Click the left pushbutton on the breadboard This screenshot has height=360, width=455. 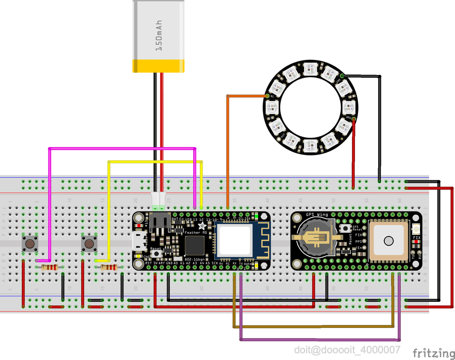coord(30,243)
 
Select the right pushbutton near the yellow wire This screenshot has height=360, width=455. coord(89,243)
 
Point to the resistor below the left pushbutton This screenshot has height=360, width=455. coord(50,267)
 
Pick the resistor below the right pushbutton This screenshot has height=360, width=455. coord(109,267)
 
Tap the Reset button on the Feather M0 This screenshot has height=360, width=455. coord(157,253)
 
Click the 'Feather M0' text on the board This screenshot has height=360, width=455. coord(196,232)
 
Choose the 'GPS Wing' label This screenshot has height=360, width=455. coord(315,215)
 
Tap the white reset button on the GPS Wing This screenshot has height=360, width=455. coord(344,228)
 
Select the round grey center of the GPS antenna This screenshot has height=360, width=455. coord(389,241)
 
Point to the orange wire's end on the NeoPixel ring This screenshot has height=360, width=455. coord(267,95)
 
